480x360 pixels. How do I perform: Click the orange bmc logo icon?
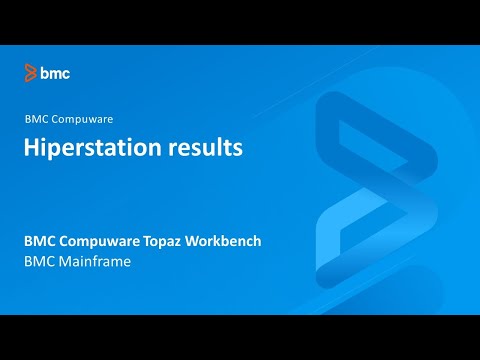[x=31, y=73]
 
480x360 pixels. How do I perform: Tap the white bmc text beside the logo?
[x=55, y=73]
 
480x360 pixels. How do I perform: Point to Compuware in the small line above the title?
[x=83, y=118]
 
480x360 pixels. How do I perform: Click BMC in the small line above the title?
[x=36, y=118]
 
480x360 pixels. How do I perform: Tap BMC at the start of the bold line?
[x=39, y=242]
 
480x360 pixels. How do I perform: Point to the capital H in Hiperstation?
[x=32, y=148]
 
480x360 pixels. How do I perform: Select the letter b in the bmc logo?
[x=45, y=73]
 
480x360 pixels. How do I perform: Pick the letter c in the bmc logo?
[x=66, y=74]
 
